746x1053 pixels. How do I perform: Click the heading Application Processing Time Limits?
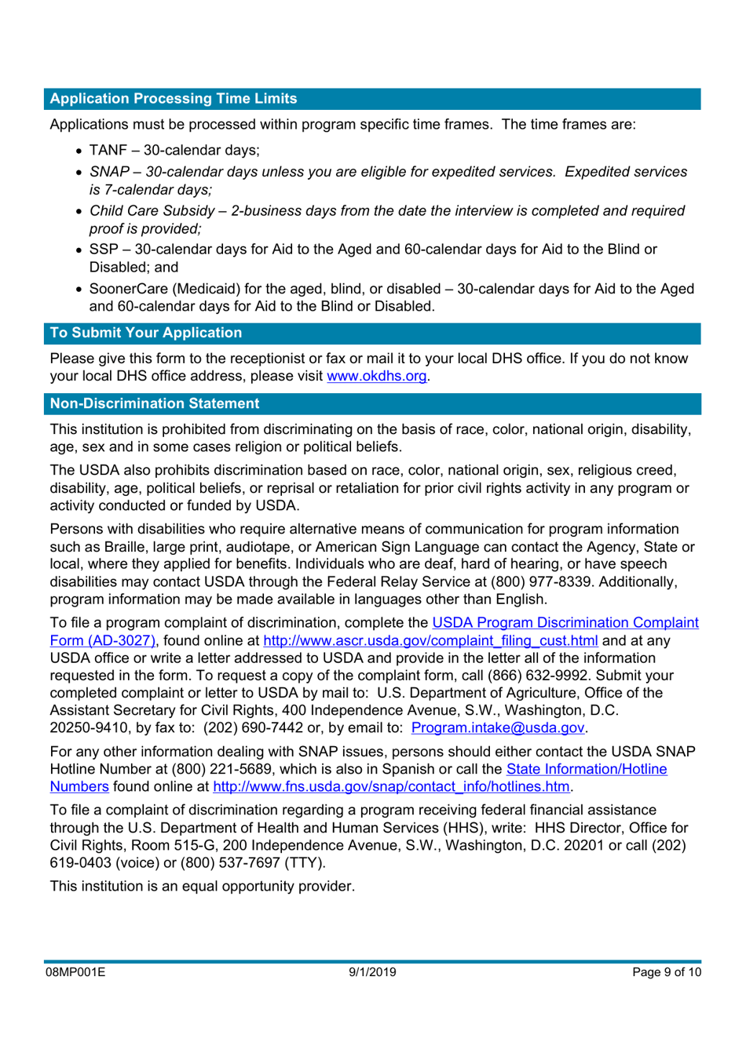coord(173,99)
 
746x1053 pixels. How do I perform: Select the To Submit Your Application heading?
coord(145,333)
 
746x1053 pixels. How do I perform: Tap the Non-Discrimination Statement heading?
coord(154,403)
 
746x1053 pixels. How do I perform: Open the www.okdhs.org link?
coord(376,376)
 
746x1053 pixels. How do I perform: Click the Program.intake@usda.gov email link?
coord(497,727)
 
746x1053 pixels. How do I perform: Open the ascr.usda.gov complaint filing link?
coord(430,640)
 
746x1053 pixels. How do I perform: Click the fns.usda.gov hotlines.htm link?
coord(390,786)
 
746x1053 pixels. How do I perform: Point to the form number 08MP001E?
coord(75,972)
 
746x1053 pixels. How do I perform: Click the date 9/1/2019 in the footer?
coord(372,972)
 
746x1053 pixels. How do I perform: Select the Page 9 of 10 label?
coord(666,972)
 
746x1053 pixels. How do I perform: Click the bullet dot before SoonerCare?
coord(79,290)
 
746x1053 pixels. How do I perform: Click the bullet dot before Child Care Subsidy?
coord(79,212)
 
